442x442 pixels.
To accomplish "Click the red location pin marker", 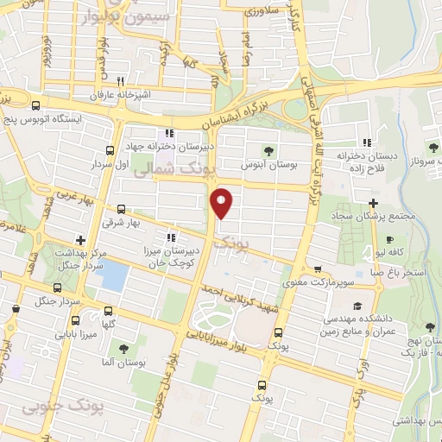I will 223,202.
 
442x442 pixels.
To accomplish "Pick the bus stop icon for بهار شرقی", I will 120,208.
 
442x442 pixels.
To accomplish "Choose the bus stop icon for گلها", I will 108,310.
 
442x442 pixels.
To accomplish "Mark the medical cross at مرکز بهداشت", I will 80,240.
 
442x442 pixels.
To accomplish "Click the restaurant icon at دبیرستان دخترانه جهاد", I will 168,134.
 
